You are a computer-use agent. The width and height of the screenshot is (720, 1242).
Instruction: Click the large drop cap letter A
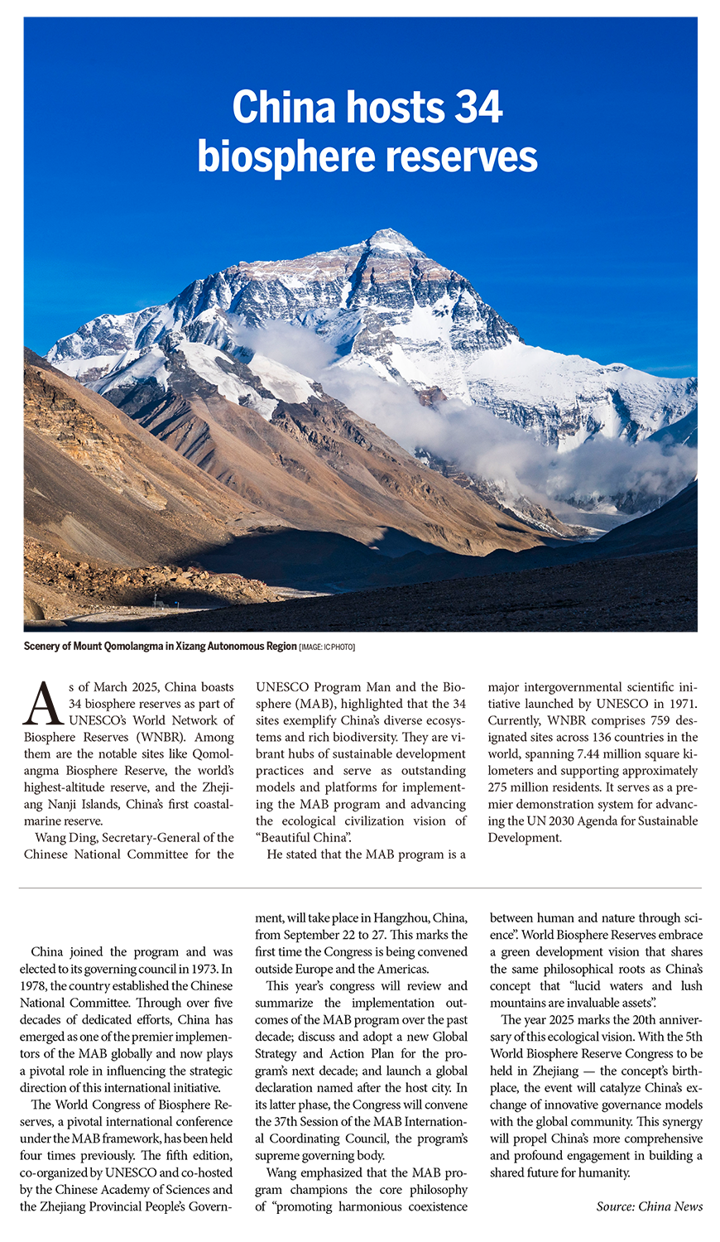point(43,703)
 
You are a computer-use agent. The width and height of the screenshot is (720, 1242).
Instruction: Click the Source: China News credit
point(649,1206)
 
